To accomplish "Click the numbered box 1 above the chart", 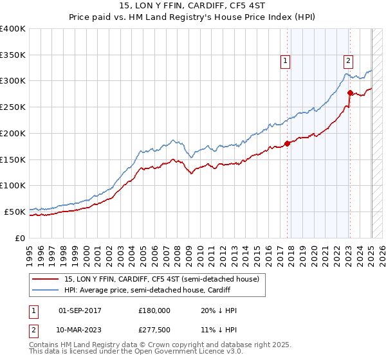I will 284,61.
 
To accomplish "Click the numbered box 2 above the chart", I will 347,61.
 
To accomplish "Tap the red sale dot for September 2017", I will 288,143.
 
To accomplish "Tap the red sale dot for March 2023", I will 350,93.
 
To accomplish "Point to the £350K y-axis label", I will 13,55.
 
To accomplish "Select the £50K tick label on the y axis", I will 15,212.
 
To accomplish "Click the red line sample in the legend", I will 46,279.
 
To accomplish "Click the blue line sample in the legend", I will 46,290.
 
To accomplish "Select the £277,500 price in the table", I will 154,329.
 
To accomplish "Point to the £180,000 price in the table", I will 154,310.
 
